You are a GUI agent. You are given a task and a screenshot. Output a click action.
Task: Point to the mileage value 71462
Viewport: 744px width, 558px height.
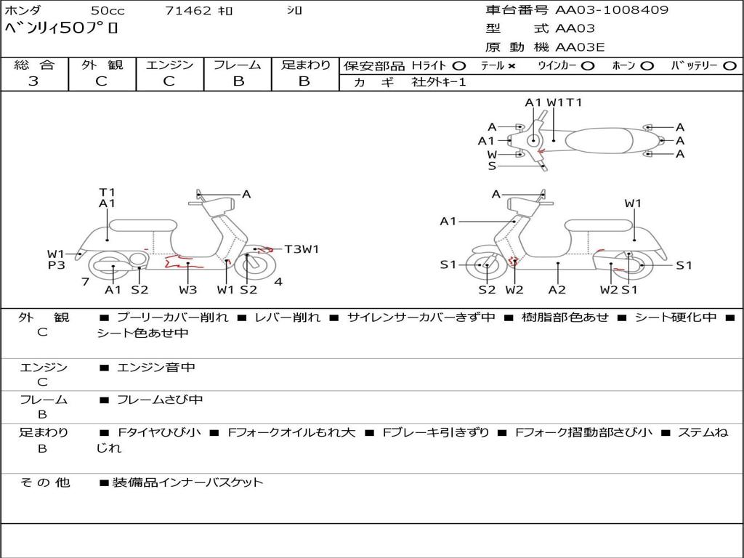188,11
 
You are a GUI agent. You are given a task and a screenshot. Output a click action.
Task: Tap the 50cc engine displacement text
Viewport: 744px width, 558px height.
107,11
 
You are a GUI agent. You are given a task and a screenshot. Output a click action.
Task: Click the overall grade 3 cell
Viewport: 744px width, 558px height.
33,81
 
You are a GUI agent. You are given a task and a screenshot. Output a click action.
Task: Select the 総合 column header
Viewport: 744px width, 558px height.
33,65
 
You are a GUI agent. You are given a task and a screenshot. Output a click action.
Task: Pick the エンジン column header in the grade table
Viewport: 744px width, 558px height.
169,65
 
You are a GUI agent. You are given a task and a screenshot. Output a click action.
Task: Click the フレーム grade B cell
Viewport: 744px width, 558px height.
238,81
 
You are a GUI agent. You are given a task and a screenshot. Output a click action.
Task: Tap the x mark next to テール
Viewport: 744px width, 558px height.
511,65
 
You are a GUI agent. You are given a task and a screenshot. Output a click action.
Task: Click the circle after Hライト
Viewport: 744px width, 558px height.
459,65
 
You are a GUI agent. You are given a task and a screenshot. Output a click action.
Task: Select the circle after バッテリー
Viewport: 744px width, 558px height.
729,65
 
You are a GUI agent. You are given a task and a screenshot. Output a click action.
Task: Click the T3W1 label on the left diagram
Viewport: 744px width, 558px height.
302,249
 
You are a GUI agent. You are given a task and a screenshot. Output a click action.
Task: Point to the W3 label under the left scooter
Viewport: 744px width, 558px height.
188,290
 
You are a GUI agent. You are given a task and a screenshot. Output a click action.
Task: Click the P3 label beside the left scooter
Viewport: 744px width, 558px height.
57,265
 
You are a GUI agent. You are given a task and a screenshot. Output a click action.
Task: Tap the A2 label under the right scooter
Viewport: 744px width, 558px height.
557,290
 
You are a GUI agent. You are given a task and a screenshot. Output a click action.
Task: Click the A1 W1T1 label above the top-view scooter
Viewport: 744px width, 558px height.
554,102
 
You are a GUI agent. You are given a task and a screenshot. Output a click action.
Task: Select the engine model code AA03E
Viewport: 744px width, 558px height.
580,48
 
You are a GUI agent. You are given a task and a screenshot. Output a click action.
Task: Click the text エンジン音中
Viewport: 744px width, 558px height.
155,368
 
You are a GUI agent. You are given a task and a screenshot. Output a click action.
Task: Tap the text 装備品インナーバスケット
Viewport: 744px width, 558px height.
187,482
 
